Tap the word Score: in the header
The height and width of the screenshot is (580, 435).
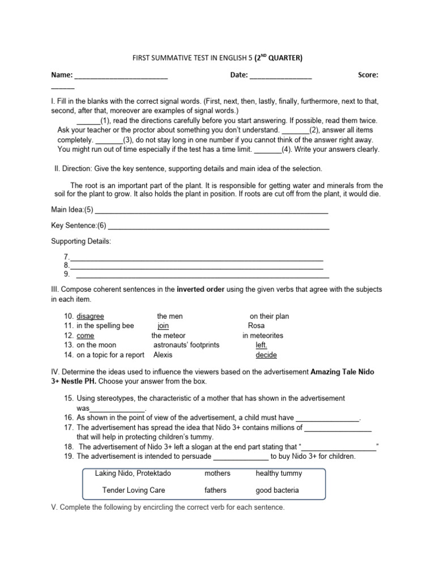[x=368, y=75]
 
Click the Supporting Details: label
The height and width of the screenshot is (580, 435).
[x=81, y=241]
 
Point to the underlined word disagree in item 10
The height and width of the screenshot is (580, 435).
[x=91, y=316]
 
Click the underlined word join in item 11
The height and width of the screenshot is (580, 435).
[x=163, y=326]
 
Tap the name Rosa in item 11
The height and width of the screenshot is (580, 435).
[x=256, y=326]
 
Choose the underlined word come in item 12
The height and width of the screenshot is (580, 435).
[x=86, y=335]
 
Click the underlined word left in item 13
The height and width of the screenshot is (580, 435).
[x=261, y=345]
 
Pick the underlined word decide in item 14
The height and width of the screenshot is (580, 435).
[x=266, y=355]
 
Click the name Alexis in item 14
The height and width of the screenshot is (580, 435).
[x=163, y=355]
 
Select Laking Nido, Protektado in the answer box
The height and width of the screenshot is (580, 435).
[x=126, y=473]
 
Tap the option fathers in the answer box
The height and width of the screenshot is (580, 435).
[x=215, y=490]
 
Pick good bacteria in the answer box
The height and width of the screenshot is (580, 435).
[x=277, y=490]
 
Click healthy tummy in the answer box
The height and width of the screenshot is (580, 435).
[x=279, y=473]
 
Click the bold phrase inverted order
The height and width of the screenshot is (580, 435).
[x=201, y=289]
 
